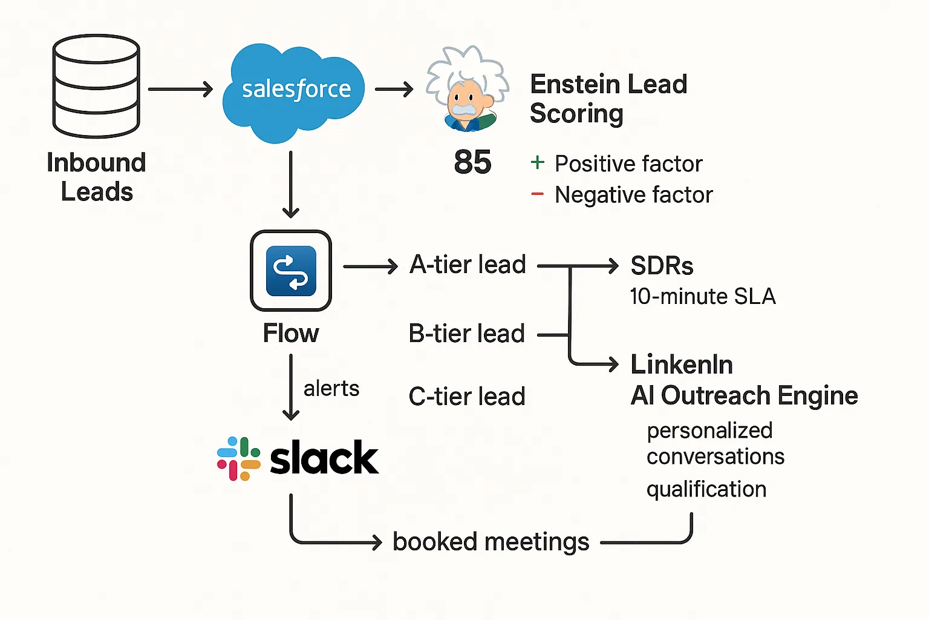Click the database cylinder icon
(96, 86)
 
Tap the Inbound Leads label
(96, 177)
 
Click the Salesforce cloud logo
(295, 91)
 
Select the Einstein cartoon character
(467, 90)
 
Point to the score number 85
(472, 162)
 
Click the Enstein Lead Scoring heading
(608, 99)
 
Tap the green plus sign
(537, 162)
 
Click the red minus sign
(537, 194)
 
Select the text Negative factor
(633, 195)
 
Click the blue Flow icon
(291, 271)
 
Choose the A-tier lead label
(468, 265)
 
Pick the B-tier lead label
(466, 334)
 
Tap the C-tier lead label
(466, 397)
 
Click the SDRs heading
(662, 266)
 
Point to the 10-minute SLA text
(702, 297)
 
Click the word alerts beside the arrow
(331, 388)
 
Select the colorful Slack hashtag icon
(239, 458)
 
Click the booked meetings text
(491, 542)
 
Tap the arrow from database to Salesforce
(180, 90)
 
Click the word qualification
(706, 489)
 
